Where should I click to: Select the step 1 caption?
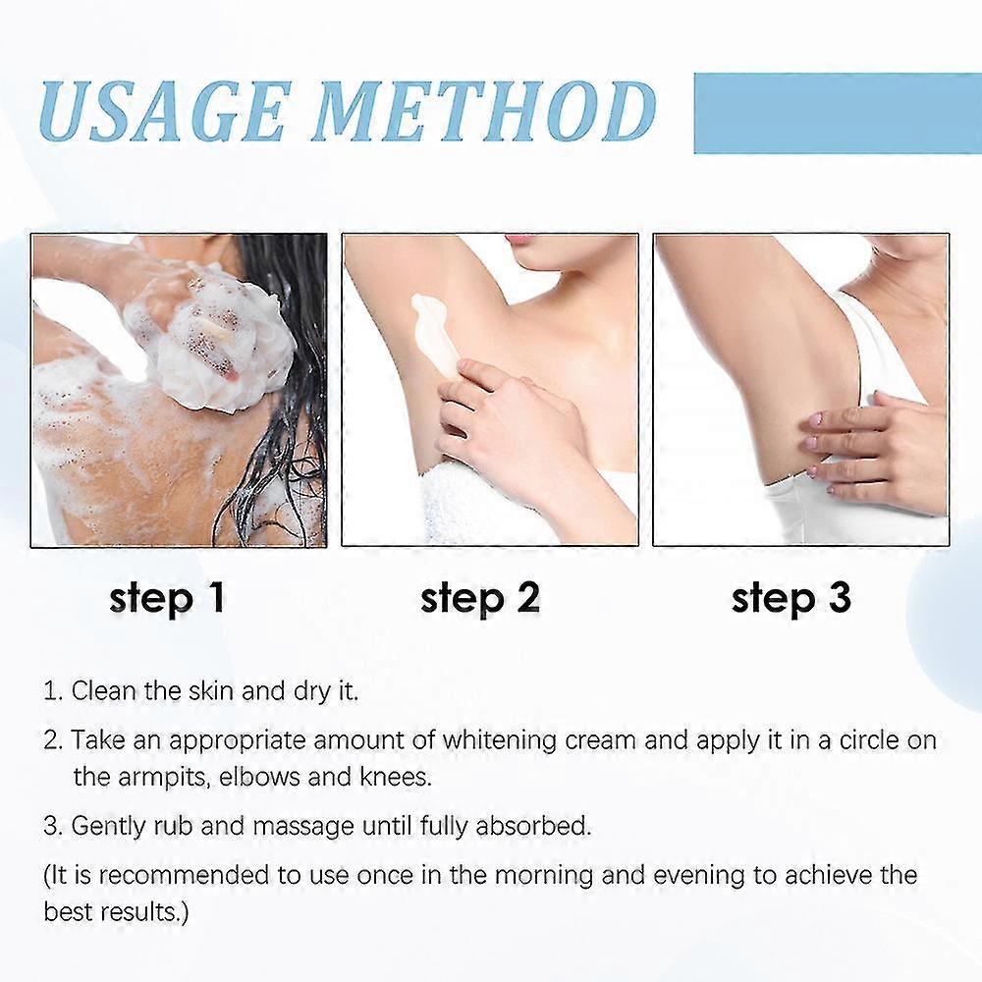[167, 598]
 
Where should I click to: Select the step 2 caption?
[479, 598]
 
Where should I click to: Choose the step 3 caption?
[791, 598]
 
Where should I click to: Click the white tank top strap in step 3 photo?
[884, 344]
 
